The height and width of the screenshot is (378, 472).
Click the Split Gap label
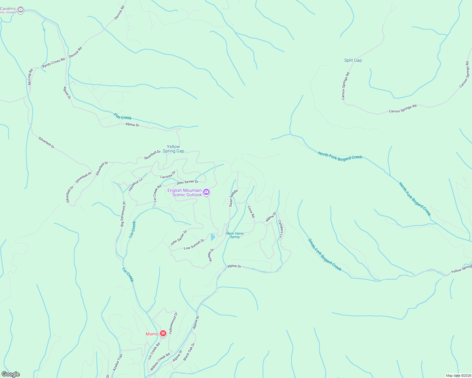353,60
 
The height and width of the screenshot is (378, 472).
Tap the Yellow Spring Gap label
174,149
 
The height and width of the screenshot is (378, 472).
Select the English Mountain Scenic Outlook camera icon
206,192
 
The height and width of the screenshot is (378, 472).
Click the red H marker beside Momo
163,333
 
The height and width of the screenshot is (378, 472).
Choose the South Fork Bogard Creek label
325,255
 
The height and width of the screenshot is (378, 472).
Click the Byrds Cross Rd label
53,63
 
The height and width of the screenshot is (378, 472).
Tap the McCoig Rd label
30,77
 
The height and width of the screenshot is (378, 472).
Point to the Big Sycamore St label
123,214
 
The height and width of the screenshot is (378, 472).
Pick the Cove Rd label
251,212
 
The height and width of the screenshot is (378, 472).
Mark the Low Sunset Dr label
194,244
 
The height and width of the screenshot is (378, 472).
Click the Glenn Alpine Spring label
235,235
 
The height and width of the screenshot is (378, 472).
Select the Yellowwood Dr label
173,323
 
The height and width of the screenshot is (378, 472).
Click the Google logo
11,374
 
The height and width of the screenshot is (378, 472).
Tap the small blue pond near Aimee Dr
213,237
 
